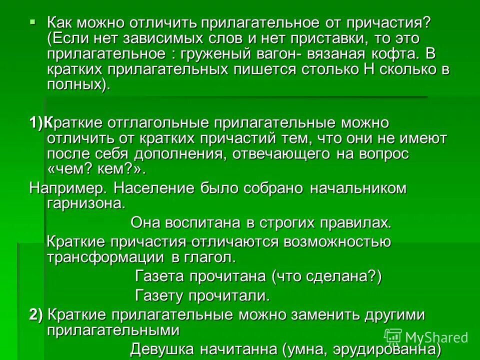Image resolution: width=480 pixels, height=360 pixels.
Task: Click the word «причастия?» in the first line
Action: pos(392,22)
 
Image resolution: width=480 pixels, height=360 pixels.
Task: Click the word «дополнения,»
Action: pos(180,153)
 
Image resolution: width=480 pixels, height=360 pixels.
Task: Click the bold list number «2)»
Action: pos(36,315)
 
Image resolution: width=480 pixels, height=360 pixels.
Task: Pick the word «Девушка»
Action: pos(160,348)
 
